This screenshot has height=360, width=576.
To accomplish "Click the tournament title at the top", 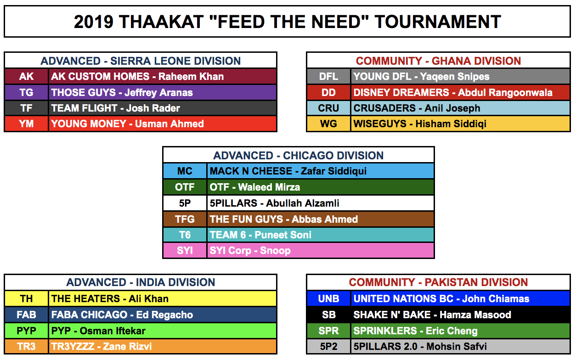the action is [287, 22].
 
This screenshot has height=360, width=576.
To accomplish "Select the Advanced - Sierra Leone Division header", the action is [141, 61].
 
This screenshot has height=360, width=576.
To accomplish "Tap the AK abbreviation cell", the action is [27, 76].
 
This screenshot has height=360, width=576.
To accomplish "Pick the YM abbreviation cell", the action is [27, 124].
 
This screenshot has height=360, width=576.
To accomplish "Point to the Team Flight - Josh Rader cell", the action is [163, 108].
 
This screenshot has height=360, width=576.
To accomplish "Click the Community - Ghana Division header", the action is [438, 61].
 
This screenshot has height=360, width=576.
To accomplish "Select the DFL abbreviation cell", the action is [328, 76].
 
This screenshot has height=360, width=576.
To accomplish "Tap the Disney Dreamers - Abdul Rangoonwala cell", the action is [461, 92].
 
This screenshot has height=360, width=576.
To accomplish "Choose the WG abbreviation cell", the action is [328, 124].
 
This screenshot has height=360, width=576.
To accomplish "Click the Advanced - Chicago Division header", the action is [299, 155].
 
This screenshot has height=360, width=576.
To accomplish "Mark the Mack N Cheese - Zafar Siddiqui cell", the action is [321, 171].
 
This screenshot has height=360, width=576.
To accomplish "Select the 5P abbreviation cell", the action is [185, 203].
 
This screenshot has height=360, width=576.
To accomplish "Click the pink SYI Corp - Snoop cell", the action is [321, 250].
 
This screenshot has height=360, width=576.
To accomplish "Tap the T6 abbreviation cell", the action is [185, 235].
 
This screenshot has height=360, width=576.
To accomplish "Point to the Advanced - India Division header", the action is [141, 282].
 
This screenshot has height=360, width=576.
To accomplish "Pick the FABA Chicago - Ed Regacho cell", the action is [163, 315].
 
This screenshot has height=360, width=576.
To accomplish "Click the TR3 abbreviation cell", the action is [27, 346].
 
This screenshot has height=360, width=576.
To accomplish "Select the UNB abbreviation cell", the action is [328, 298].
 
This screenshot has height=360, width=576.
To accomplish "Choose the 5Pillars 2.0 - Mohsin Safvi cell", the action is [461, 346].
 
